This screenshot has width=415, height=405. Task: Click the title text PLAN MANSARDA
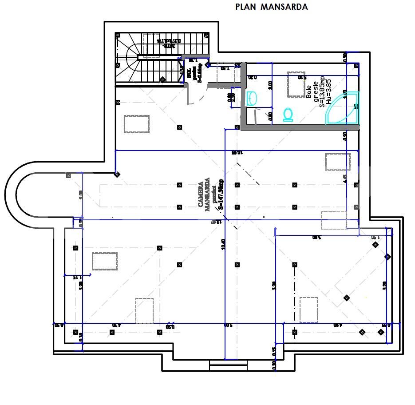(x=271, y=7)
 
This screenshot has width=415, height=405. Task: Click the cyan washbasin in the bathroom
(x=252, y=98)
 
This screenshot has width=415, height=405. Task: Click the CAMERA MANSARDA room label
(x=204, y=193)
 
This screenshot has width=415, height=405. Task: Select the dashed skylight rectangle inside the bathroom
(x=296, y=84)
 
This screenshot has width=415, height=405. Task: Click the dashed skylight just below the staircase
(x=137, y=124)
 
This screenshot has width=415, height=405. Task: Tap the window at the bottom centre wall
(x=222, y=365)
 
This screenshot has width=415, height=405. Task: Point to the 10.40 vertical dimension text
(x=224, y=244)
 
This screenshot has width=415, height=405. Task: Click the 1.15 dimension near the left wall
(x=75, y=278)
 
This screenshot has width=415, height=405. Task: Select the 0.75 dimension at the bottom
(x=274, y=351)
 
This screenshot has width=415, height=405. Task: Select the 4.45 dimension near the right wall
(x=345, y=179)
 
